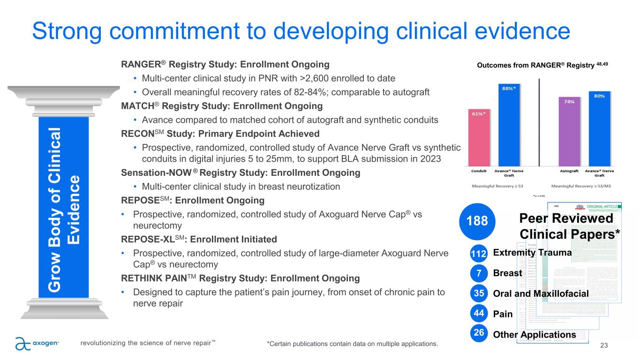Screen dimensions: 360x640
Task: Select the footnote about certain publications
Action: tap(352, 345)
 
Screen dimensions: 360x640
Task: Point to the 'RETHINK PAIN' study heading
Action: tap(241, 279)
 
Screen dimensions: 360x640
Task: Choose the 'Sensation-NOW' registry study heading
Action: tap(241, 173)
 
